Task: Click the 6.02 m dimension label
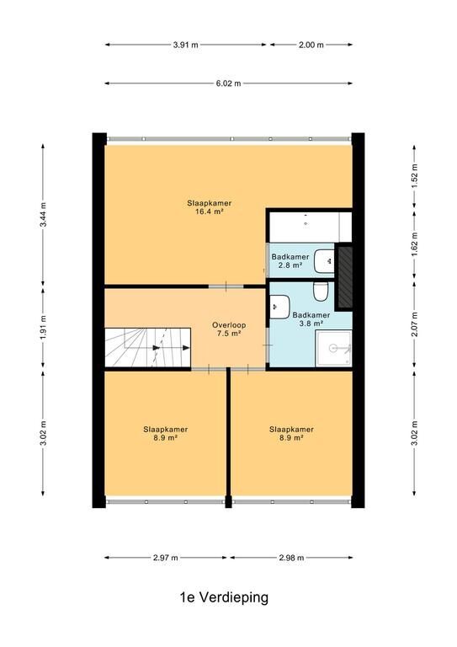click(x=228, y=83)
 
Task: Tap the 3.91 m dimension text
click(x=185, y=45)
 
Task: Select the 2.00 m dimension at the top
click(x=311, y=45)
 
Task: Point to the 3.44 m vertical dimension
click(x=43, y=215)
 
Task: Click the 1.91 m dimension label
click(x=43, y=327)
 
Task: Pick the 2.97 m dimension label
click(x=166, y=558)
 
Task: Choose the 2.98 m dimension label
click(x=291, y=558)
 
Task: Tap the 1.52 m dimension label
click(x=415, y=176)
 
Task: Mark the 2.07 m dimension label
click(x=415, y=323)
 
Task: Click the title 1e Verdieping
click(x=224, y=597)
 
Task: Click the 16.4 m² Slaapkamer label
click(x=210, y=207)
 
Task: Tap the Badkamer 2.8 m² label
click(x=290, y=261)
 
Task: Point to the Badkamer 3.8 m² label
click(x=311, y=319)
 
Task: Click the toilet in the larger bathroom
click(x=320, y=291)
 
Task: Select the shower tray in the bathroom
click(x=334, y=348)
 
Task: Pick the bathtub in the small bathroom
click(x=311, y=227)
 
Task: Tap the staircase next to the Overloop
click(x=147, y=347)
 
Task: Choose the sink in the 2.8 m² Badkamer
click(x=324, y=261)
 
